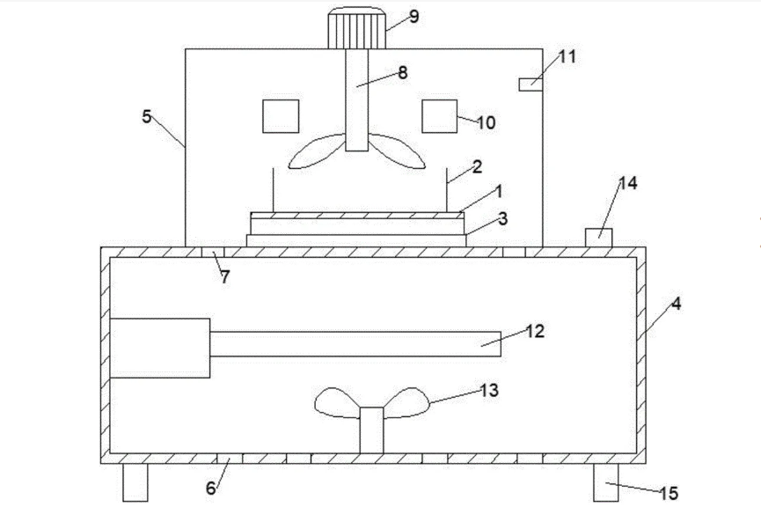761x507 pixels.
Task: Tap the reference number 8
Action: point(403,73)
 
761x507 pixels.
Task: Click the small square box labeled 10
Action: point(438,116)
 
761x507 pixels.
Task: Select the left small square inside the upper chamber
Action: point(281,116)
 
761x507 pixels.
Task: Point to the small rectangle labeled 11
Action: point(530,84)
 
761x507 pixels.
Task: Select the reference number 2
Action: point(476,166)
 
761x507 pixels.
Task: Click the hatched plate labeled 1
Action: point(356,214)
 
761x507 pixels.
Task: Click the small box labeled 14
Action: point(598,234)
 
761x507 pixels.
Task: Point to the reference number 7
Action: point(225,277)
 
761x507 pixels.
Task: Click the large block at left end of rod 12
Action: point(160,348)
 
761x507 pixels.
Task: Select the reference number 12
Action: point(536,331)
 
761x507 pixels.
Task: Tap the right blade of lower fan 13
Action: point(407,404)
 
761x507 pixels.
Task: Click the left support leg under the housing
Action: point(135,482)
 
